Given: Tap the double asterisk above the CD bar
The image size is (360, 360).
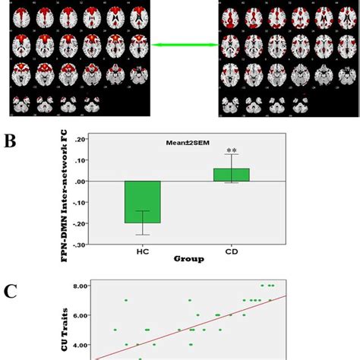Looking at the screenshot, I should coord(242,151).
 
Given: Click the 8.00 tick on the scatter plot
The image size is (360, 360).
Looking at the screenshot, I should coord(76,286).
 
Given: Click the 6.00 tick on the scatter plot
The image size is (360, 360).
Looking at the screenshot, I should coord(76,315).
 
